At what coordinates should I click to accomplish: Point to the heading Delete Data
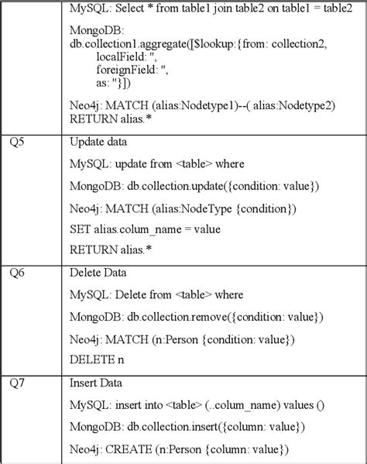pyautogui.click(x=98, y=273)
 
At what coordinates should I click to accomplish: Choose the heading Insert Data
pyautogui.click(x=97, y=383)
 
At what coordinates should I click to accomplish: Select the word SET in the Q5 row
pyautogui.click(x=80, y=229)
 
